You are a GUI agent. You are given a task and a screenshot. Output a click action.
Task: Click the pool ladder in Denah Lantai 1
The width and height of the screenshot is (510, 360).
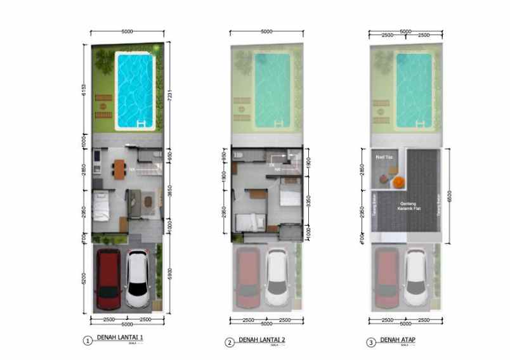click(x=140, y=122)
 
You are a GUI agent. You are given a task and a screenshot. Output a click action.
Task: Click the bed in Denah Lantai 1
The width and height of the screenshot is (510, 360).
click(x=101, y=205)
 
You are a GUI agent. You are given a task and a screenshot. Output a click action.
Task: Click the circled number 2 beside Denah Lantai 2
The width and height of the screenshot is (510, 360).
click(x=230, y=343)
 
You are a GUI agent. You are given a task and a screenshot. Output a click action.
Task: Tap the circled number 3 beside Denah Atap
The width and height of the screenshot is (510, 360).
click(x=371, y=343)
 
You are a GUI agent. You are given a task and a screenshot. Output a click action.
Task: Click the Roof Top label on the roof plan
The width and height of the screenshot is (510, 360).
click(x=383, y=155)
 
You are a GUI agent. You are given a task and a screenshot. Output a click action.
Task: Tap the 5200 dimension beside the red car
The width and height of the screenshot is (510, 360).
click(x=83, y=278)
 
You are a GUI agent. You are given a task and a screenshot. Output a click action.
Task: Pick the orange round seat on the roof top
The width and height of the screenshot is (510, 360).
click(x=398, y=181)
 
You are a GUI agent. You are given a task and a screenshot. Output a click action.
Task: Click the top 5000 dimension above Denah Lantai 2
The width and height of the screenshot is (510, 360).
click(x=266, y=31)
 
